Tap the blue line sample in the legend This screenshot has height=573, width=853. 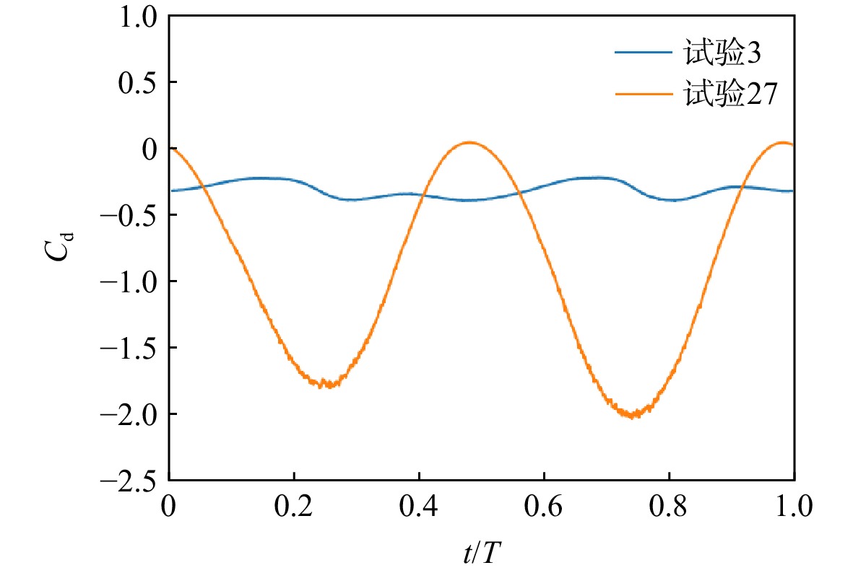point(643,52)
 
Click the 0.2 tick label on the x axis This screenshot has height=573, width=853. point(294,506)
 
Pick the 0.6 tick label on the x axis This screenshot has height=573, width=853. point(544,506)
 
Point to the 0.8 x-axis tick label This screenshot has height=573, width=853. point(669,506)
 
